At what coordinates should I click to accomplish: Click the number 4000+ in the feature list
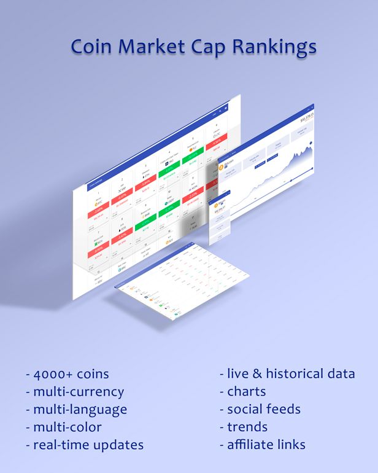coord(54,373)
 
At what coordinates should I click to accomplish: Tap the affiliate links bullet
coord(266,444)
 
